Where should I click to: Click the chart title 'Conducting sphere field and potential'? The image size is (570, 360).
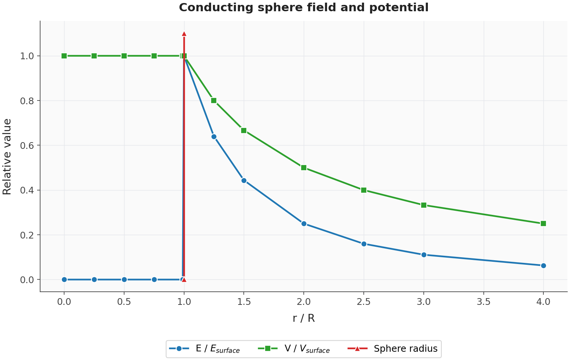click(304, 7)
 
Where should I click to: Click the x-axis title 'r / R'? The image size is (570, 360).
click(304, 318)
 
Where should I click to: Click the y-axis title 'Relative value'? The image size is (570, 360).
click(7, 157)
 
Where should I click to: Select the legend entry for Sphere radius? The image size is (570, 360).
click(393, 348)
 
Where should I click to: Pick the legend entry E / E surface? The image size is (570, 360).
click(205, 348)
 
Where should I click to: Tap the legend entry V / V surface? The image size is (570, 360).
click(294, 348)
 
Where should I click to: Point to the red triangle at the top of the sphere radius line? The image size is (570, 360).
click(184, 34)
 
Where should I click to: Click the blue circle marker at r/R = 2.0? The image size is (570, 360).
click(304, 223)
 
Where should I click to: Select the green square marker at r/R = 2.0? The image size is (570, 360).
click(304, 168)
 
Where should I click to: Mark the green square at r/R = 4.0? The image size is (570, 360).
click(543, 223)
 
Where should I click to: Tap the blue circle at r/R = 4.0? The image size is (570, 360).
click(543, 265)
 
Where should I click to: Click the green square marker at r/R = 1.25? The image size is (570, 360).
click(214, 100)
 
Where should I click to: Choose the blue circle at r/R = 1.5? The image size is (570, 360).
click(244, 181)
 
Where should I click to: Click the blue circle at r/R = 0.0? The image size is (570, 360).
click(64, 280)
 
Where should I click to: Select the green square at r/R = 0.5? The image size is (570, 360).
click(124, 56)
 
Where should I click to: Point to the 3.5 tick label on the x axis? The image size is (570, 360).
click(483, 302)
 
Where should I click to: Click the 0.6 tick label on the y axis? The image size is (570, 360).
click(27, 145)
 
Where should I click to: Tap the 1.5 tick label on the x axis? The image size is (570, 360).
click(244, 302)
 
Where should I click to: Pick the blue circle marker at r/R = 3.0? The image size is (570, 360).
click(424, 255)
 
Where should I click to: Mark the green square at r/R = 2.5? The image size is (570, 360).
click(364, 190)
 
